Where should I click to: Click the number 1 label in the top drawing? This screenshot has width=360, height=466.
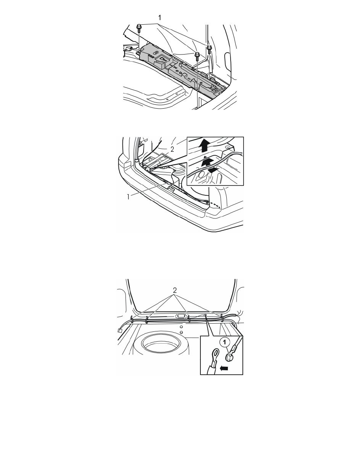pyautogui.click(x=160, y=18)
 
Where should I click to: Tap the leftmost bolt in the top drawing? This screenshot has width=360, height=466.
pyautogui.click(x=139, y=29)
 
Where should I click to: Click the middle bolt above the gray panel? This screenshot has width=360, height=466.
pyautogui.click(x=196, y=56)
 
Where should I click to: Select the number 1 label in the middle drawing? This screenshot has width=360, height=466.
pyautogui.click(x=128, y=197)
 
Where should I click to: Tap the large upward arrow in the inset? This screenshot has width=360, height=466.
pyautogui.click(x=204, y=146)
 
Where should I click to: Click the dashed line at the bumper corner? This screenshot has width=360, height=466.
pyautogui.click(x=215, y=204)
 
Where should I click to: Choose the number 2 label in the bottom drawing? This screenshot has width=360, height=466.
pyautogui.click(x=175, y=290)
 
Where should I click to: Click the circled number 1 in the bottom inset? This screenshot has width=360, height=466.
pyautogui.click(x=225, y=342)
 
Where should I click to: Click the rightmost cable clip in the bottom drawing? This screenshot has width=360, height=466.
pyautogui.click(x=222, y=318)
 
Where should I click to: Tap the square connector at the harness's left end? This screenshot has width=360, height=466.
pyautogui.click(x=120, y=330)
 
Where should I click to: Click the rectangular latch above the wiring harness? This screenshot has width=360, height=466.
pyautogui.click(x=181, y=316)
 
